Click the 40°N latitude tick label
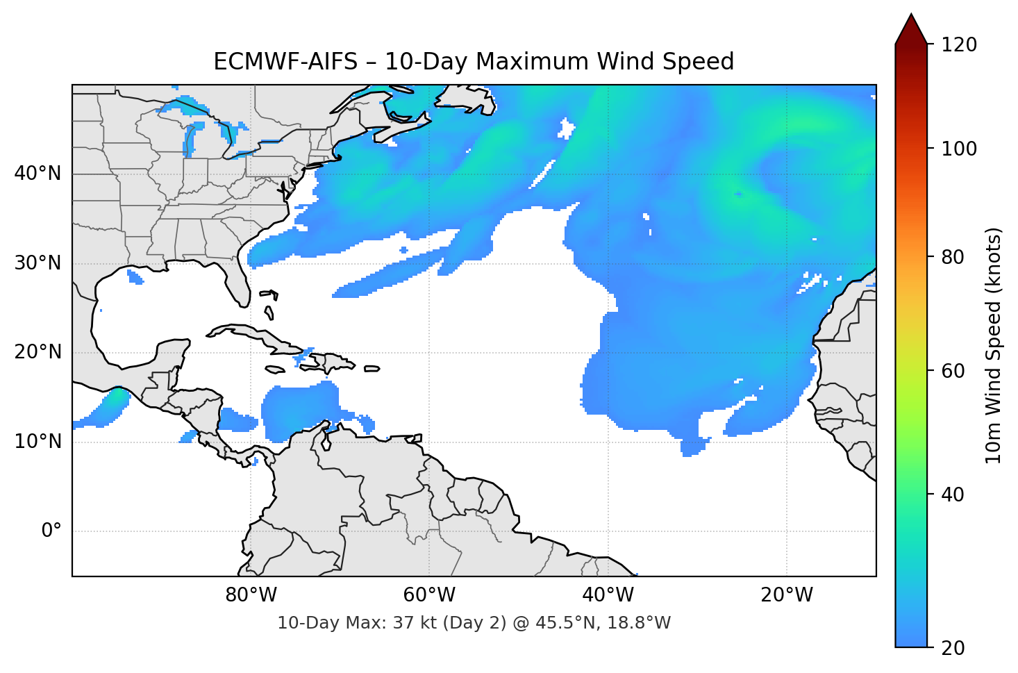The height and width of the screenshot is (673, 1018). [x=37, y=174]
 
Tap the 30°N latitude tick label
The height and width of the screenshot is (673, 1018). [x=37, y=263]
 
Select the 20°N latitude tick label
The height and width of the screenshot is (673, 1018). [x=37, y=352]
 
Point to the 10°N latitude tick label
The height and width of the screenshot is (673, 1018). [x=37, y=442]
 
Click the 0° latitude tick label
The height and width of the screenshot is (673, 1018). [x=51, y=531]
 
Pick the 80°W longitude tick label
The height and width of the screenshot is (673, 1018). [x=251, y=595]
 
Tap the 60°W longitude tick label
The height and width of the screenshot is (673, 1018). [x=430, y=595]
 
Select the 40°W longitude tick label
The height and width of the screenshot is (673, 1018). [x=608, y=595]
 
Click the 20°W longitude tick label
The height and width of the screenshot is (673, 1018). [x=787, y=595]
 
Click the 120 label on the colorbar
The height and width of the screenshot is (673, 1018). [x=959, y=45]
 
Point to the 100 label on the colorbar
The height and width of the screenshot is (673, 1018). [x=959, y=149]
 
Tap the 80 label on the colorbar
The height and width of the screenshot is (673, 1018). [x=953, y=258]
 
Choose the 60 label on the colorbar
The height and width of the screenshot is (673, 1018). [x=953, y=371]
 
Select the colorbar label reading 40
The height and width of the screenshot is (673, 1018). [x=953, y=495]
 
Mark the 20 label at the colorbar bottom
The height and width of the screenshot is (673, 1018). [x=953, y=648]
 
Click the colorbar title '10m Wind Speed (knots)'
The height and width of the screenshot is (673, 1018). [x=994, y=346]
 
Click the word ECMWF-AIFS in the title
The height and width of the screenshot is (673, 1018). [x=285, y=62]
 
